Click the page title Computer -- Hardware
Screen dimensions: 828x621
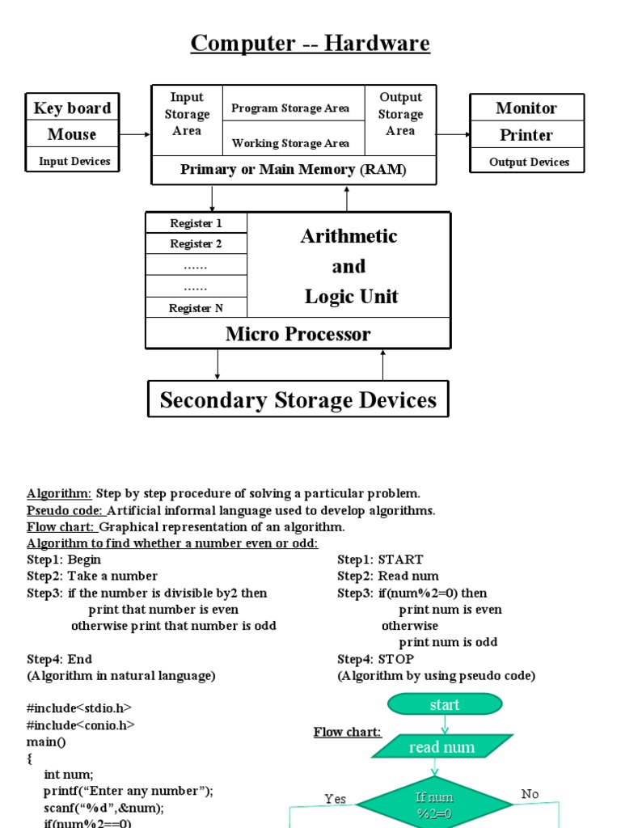310,43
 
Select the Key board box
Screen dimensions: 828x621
72,108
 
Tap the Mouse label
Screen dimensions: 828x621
72,134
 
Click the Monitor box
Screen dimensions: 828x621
526,108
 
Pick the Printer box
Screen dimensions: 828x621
526,135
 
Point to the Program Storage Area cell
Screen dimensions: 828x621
291,108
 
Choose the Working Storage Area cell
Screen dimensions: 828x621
291,143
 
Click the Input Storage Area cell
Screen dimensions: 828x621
187,114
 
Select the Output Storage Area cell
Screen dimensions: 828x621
400,114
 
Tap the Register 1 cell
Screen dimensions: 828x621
196,223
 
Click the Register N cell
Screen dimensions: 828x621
196,308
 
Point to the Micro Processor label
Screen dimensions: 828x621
298,334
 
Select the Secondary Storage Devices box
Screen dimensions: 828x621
298,399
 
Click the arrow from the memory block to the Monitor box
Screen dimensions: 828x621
454,134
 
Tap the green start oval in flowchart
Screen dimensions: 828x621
445,705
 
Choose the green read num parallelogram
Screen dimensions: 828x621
441,747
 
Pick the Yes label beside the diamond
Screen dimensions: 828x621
336,799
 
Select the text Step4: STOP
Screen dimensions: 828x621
375,659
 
